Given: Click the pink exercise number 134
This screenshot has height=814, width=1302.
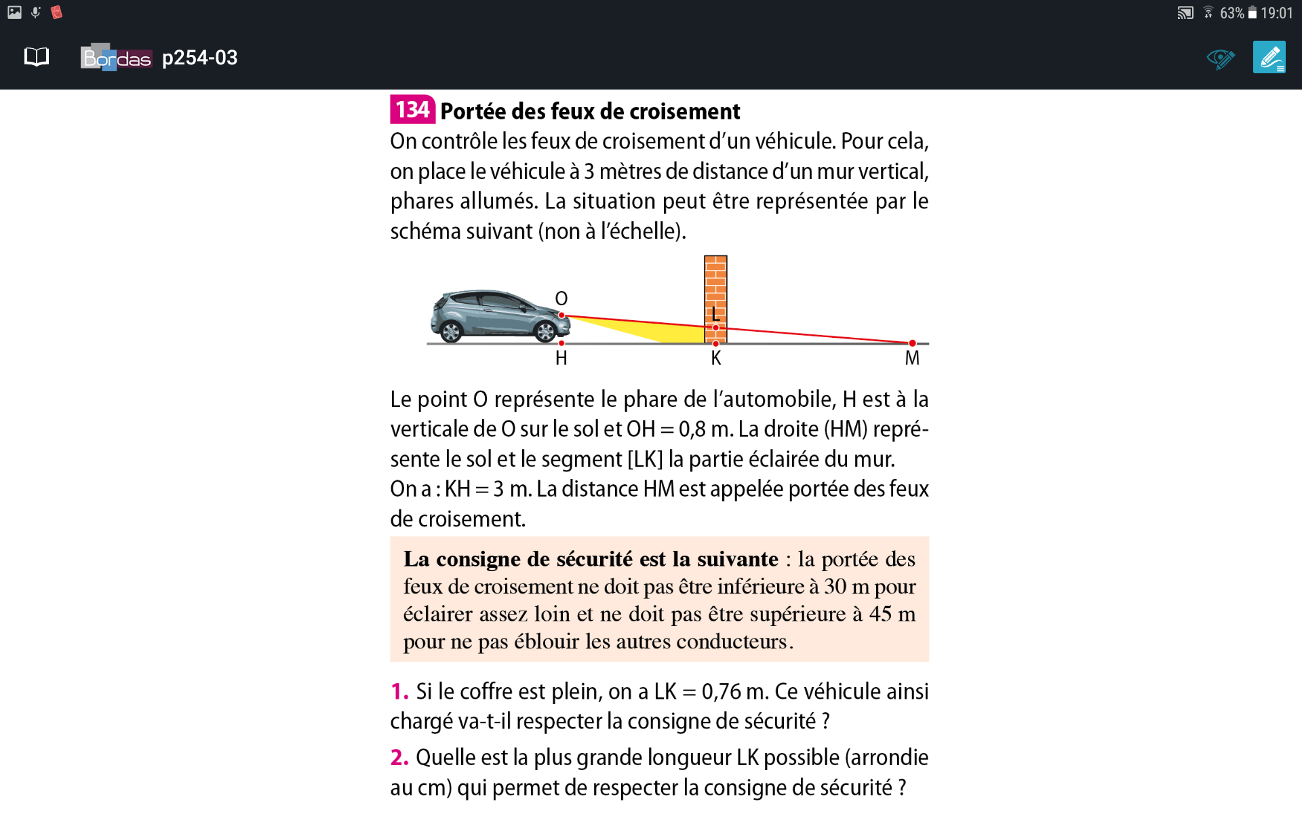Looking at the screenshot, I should point(412,109).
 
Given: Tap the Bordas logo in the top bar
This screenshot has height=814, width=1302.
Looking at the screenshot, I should point(116,58).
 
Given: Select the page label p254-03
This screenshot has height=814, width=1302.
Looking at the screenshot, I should point(200,58).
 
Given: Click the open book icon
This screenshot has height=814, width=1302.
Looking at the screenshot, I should point(37,57).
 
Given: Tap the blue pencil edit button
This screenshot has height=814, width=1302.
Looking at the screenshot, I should point(1269,58).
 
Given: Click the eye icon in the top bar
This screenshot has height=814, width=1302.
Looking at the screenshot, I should point(1220,58).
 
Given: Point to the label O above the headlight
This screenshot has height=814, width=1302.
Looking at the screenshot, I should point(561,298).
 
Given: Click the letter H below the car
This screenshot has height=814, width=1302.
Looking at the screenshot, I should point(561,359).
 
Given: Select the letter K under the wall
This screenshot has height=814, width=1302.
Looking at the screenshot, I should point(716,359).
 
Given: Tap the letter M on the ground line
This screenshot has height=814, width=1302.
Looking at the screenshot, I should point(912,359).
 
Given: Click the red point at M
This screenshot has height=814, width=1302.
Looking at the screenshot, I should point(912,343).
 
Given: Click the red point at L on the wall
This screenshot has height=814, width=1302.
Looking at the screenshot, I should point(715,328).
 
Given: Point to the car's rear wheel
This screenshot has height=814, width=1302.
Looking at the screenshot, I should point(451,331).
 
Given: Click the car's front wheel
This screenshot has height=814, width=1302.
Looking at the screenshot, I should point(545,331).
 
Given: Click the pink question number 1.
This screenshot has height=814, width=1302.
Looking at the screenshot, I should point(399,692).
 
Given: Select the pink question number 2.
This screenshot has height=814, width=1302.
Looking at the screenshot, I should point(399,758).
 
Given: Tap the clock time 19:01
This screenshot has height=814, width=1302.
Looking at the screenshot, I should point(1277,13).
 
